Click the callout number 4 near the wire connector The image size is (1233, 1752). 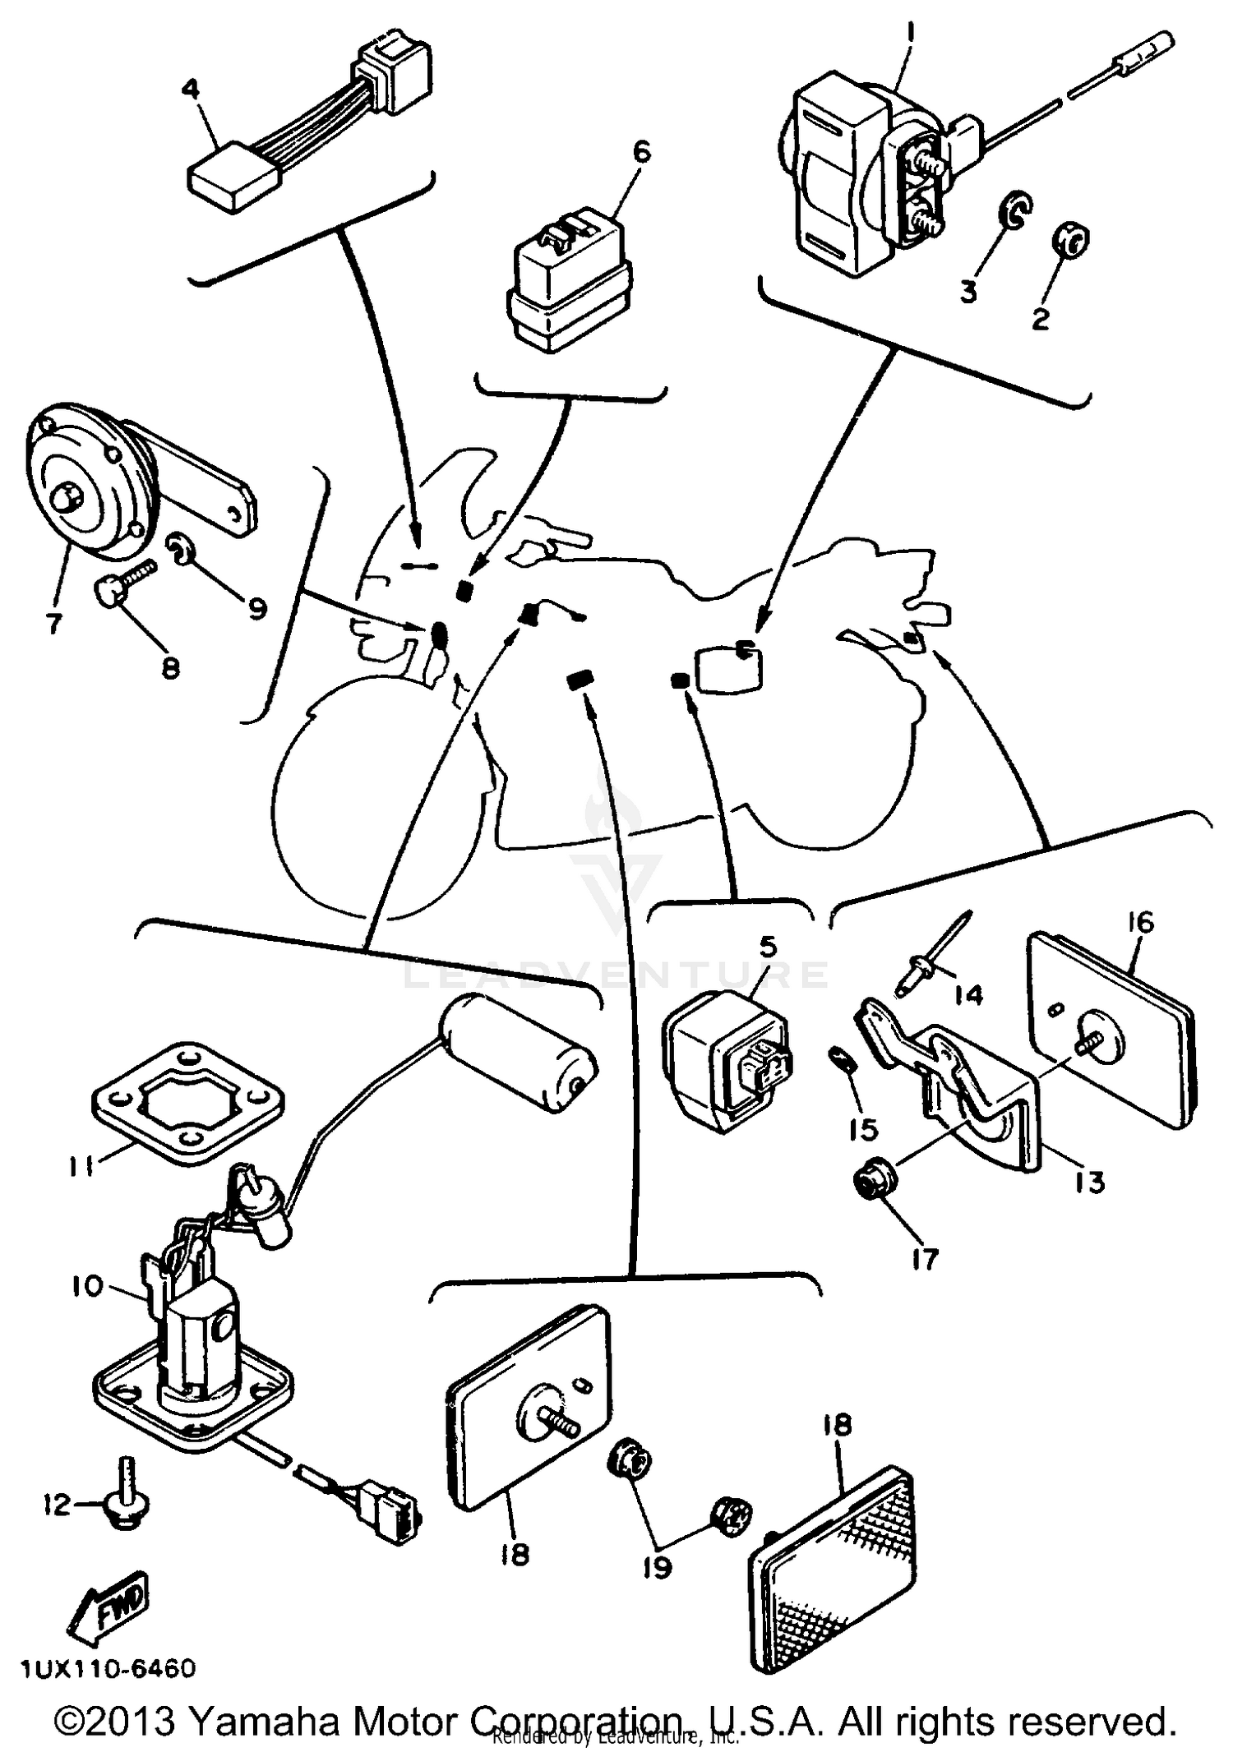(191, 89)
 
